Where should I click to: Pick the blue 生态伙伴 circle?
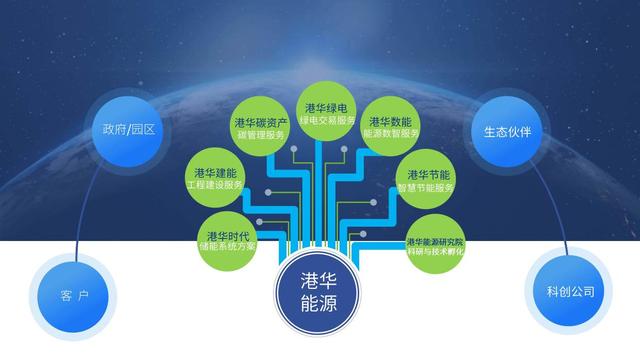click(x=512, y=131)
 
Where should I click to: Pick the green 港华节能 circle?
click(x=431, y=179)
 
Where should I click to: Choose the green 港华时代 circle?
click(x=230, y=238)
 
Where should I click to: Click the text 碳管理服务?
click(x=262, y=135)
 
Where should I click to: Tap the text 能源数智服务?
click(x=391, y=133)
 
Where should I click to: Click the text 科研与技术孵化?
click(x=435, y=252)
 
